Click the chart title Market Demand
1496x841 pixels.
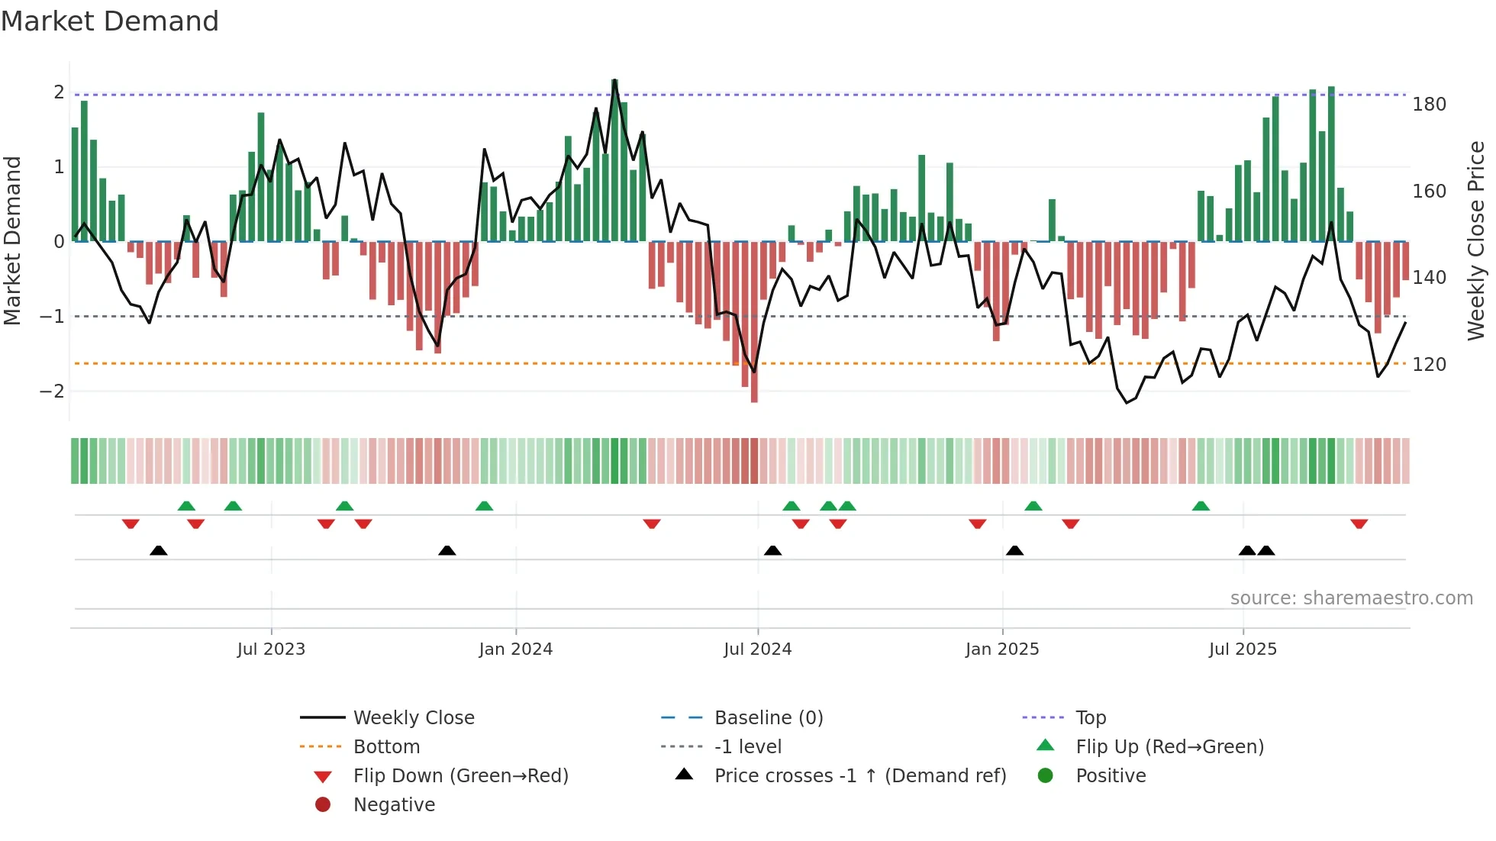[x=110, y=21]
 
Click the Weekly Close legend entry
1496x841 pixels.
[x=413, y=717]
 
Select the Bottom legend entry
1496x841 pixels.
[x=386, y=746]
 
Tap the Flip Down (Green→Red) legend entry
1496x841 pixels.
[x=460, y=775]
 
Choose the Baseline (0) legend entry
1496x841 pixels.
[x=768, y=717]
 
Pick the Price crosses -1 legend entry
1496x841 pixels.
[x=859, y=775]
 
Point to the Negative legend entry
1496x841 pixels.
[x=394, y=804]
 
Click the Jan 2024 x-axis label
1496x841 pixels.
[x=515, y=649]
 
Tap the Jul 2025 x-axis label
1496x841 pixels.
[x=1243, y=649]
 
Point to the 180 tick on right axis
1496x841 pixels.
[x=1429, y=105]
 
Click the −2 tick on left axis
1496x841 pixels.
[x=52, y=391]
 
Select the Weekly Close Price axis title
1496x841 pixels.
[x=1476, y=240]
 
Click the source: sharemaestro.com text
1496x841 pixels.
[x=1351, y=598]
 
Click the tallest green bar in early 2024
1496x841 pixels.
[x=614, y=160]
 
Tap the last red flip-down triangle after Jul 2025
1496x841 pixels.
[x=1359, y=524]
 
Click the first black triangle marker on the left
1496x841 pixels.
[x=158, y=550]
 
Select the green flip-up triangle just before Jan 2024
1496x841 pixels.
[x=484, y=505]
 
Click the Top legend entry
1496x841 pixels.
[x=1090, y=717]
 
